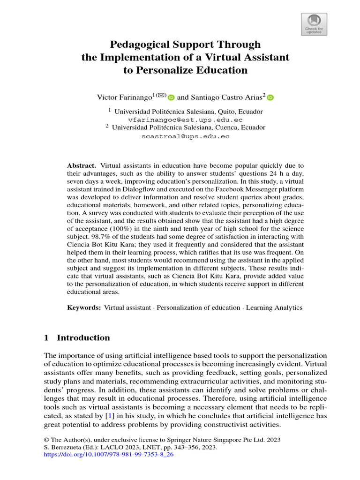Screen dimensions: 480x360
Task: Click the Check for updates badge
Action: [x=314, y=24]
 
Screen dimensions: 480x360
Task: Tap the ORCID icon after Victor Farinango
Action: [x=171, y=97]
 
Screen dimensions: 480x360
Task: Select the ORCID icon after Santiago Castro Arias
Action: [x=270, y=97]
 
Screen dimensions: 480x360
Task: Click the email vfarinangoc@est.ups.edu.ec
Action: [x=186, y=120]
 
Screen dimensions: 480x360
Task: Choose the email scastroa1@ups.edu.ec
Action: [x=186, y=136]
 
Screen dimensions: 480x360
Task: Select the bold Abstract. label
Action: [x=82, y=165]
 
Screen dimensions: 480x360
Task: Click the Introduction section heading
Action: [x=83, y=338]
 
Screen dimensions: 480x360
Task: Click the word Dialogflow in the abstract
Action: [x=135, y=189]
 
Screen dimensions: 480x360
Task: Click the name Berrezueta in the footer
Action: [x=63, y=448]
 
